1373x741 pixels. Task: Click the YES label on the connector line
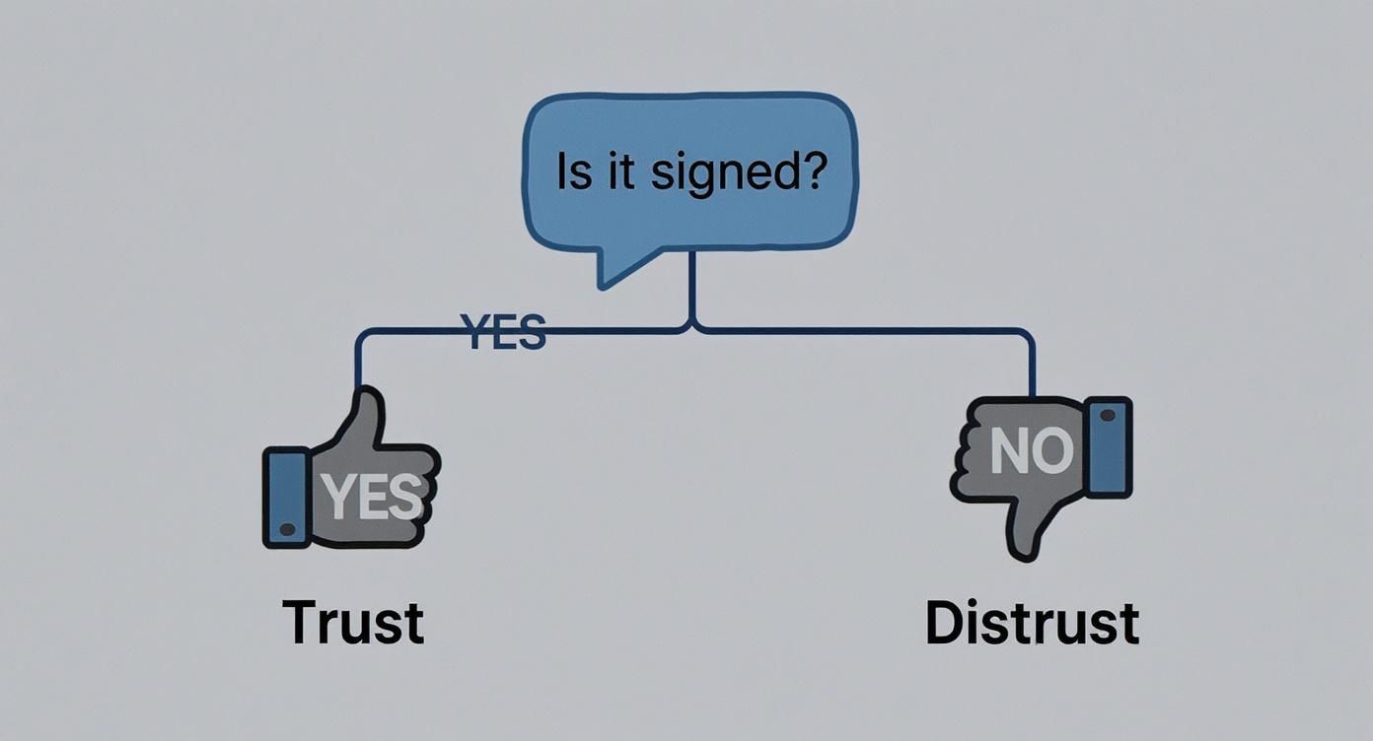click(x=503, y=333)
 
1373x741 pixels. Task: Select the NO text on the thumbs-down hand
click(x=1030, y=450)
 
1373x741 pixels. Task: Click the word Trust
click(x=353, y=623)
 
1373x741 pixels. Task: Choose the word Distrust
click(x=1032, y=623)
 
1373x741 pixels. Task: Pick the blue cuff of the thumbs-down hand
click(x=1108, y=447)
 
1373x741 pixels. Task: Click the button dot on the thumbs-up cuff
click(x=287, y=529)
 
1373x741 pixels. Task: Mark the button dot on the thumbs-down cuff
click(x=1107, y=416)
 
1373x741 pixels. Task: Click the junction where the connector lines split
click(x=692, y=326)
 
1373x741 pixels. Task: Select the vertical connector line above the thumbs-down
click(x=1033, y=365)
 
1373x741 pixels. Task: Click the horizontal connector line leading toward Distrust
click(x=868, y=331)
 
